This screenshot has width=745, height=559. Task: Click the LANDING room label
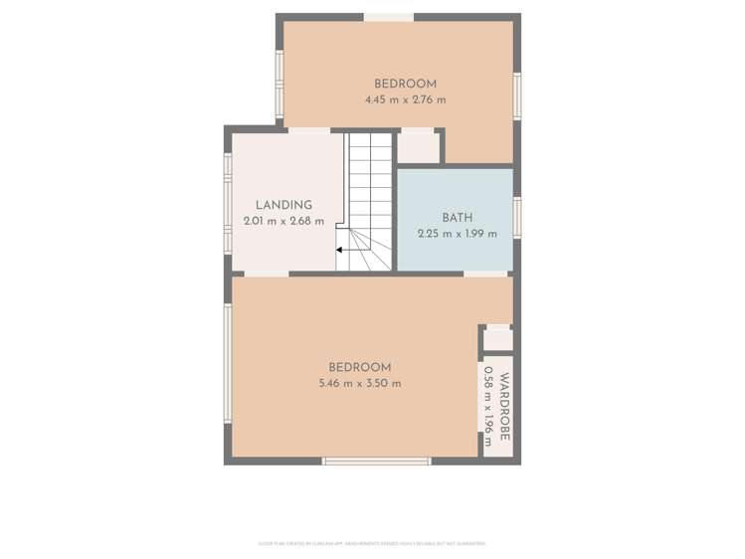point(283,205)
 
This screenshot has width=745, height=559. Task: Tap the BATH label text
point(457,217)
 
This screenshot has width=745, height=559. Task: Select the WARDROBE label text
point(504,406)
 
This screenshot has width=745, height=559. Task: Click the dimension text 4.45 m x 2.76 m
point(405,99)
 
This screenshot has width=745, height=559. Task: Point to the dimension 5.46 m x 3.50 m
point(359,383)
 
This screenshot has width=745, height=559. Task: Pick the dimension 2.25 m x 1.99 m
point(457,234)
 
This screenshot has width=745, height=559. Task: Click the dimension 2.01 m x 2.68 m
point(283,221)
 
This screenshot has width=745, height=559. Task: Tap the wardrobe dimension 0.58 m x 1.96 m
point(488,406)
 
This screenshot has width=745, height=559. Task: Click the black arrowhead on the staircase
point(340,250)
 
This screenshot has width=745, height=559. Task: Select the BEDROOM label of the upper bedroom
point(405,84)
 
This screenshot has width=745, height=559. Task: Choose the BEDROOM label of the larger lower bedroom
point(359,367)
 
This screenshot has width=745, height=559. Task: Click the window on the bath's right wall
point(517,217)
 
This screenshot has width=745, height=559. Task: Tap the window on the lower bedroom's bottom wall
point(376,461)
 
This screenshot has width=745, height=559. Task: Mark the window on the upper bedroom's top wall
point(388,17)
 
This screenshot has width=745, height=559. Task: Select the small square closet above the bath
point(419,146)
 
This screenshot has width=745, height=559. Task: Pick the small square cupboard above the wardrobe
point(497,338)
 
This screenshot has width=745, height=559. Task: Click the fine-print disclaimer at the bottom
point(372,543)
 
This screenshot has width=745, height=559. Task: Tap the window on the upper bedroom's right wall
point(517,96)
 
